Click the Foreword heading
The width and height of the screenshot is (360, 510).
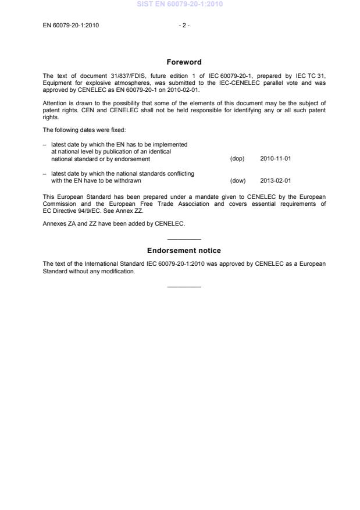(184, 62)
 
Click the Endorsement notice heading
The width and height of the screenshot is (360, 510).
(184, 251)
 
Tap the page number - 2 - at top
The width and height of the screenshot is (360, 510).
(184, 25)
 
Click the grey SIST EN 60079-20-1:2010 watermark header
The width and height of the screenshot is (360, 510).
(180, 4)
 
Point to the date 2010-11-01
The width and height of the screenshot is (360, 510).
(275, 159)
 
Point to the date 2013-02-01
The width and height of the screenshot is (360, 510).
(275, 180)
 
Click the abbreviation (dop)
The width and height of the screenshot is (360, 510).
(237, 159)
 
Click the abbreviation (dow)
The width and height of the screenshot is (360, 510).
(237, 180)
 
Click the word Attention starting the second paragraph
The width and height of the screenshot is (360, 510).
(55, 103)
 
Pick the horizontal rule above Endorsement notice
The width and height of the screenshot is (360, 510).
(184, 240)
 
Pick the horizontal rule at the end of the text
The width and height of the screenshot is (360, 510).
(184, 286)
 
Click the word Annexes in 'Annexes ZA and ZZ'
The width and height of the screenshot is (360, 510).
(55, 224)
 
